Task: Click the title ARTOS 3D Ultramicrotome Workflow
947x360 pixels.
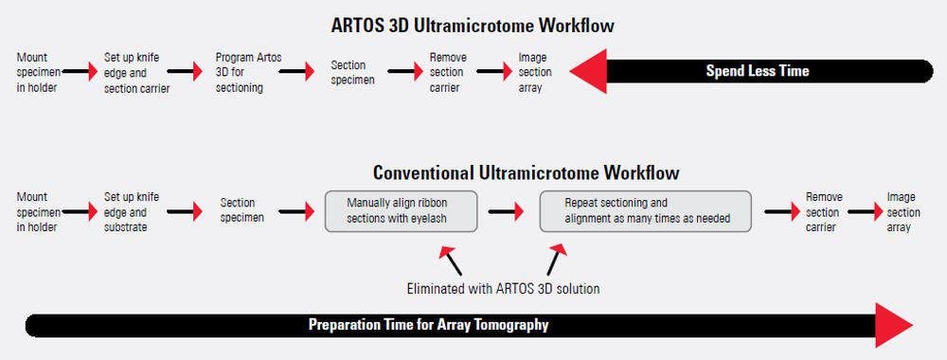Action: tap(473, 23)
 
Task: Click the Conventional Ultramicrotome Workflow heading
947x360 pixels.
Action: tap(526, 173)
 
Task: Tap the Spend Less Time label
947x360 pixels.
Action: tap(757, 71)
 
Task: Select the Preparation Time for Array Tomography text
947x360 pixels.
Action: tap(429, 325)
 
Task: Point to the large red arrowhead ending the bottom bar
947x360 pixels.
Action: tap(891, 325)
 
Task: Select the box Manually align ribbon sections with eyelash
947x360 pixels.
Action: tap(401, 210)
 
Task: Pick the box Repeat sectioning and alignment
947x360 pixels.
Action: tap(645, 210)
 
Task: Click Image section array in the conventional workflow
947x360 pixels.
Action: tap(901, 212)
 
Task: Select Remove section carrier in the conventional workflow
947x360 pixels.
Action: tap(823, 212)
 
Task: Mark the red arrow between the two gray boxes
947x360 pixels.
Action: tap(509, 211)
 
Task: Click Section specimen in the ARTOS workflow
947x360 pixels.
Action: tap(352, 73)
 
